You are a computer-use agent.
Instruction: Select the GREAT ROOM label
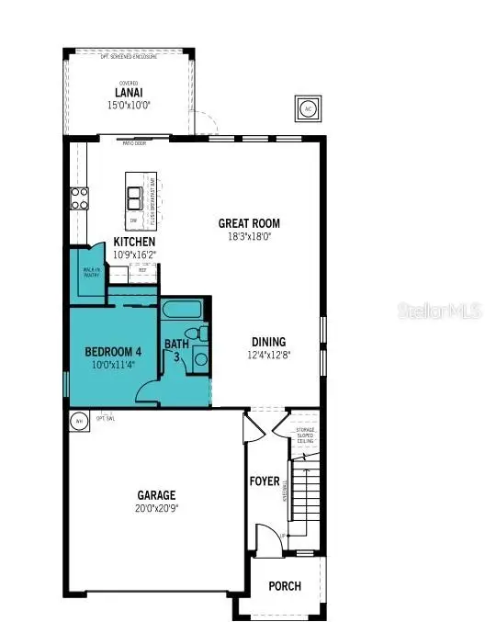click(249, 223)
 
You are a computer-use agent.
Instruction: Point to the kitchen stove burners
click(78, 198)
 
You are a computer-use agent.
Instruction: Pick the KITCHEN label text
click(134, 242)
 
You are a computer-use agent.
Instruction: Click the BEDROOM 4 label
click(113, 352)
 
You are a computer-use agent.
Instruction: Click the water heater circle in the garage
click(79, 421)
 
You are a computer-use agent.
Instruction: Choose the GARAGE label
click(157, 495)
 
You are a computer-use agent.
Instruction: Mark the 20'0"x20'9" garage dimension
click(157, 509)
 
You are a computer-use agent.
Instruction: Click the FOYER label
click(265, 481)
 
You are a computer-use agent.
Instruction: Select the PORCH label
click(285, 586)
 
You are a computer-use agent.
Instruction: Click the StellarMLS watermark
click(439, 311)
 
